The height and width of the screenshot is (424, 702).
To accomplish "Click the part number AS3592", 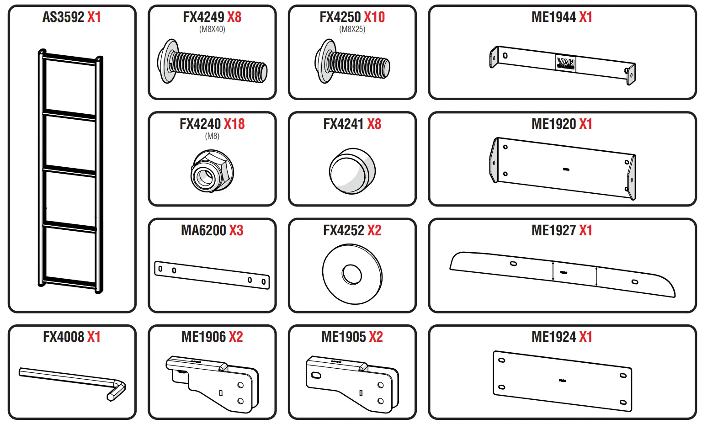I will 63,17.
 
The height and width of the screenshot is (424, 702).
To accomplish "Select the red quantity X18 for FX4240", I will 234,124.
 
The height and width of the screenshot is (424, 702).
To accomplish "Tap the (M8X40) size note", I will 212,29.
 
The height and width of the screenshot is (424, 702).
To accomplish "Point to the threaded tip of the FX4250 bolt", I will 385,68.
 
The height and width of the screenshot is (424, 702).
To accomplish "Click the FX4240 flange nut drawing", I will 212,171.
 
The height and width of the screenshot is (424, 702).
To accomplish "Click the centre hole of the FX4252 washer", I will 351,274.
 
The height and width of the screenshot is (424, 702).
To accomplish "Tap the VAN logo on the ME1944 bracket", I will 566,63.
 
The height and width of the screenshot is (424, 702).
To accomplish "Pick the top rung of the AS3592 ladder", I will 70,58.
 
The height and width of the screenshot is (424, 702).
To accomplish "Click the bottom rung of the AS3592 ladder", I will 69,282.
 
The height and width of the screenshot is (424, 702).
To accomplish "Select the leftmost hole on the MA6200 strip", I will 160,269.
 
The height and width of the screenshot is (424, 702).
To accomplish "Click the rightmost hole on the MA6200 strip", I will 263,281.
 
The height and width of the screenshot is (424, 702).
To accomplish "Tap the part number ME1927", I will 553,230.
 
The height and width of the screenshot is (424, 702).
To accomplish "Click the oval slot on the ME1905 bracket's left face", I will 316,375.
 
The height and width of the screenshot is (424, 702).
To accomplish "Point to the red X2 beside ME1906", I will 235,337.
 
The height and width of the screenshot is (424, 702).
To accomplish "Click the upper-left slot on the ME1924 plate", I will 501,360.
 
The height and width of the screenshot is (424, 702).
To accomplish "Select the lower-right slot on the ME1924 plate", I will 623,402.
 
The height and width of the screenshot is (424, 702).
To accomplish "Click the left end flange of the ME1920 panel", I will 494,161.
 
